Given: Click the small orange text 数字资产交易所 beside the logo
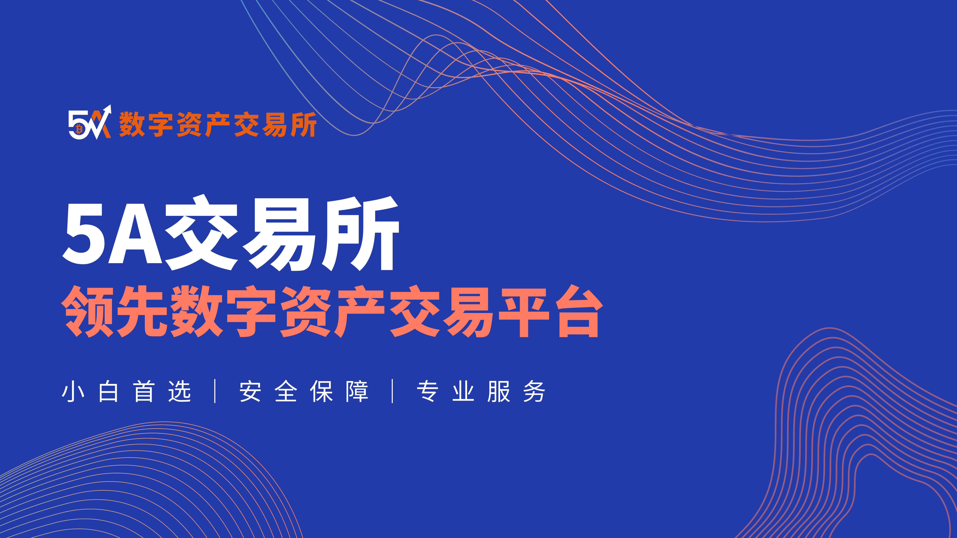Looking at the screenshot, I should pos(218,124).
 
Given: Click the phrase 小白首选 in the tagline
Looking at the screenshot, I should pos(126,391).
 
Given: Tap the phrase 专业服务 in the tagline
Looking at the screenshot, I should pos(481,391).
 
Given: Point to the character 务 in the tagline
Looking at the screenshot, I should pos(534,391).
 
